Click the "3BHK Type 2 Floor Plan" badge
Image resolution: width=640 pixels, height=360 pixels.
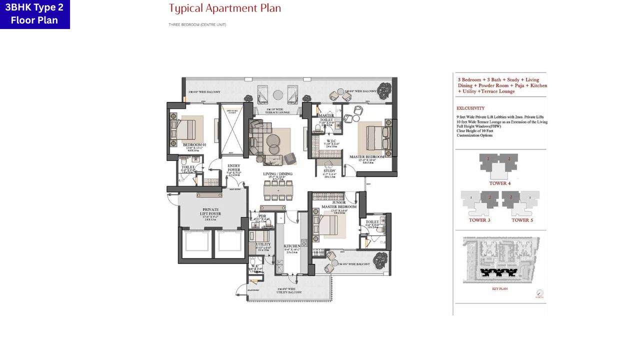[34, 14]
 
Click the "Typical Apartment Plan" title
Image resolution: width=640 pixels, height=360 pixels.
[224, 8]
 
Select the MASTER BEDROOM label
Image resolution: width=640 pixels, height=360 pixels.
[367, 157]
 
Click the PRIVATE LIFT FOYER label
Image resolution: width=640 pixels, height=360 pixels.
[211, 211]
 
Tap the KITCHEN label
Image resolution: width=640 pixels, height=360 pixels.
[292, 246]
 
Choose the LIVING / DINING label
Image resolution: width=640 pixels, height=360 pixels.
[278, 174]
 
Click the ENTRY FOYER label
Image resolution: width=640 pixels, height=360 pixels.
[233, 168]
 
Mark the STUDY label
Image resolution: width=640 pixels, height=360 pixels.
[329, 170]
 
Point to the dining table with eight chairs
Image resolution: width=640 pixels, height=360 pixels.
[278, 190]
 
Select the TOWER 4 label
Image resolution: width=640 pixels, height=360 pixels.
[499, 183]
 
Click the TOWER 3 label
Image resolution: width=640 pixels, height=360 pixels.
[479, 220]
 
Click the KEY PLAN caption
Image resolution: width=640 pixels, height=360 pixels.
[499, 288]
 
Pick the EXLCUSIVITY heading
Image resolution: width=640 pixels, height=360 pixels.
[470, 108]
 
